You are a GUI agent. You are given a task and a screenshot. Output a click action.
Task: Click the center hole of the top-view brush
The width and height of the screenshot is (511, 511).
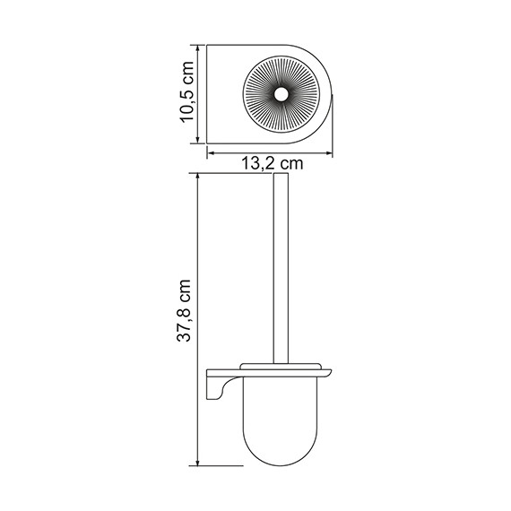tap(281, 93)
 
